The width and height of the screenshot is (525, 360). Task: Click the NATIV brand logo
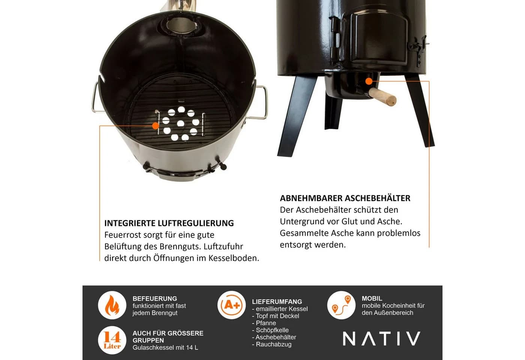381,338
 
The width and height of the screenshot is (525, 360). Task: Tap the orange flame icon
112,305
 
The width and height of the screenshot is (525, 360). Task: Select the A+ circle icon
232,305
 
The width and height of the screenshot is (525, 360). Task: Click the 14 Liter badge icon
112,340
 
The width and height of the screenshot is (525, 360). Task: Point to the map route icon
341,305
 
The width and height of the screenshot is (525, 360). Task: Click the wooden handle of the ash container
382,97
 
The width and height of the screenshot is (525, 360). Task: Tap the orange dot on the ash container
369,81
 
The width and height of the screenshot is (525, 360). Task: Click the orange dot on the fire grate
155,126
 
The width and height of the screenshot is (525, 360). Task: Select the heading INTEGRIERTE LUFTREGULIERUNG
169,223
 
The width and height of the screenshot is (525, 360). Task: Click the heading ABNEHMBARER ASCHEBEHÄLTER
345,198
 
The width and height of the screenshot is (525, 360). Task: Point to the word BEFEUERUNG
154,298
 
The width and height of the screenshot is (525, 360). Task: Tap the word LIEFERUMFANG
277,301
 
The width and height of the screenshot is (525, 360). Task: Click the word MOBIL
372,298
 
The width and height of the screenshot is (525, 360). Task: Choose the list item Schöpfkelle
270,330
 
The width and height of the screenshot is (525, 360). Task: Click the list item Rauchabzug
271,345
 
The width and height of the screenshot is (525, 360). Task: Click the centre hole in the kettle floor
180,123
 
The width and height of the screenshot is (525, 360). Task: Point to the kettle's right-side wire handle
261,103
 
